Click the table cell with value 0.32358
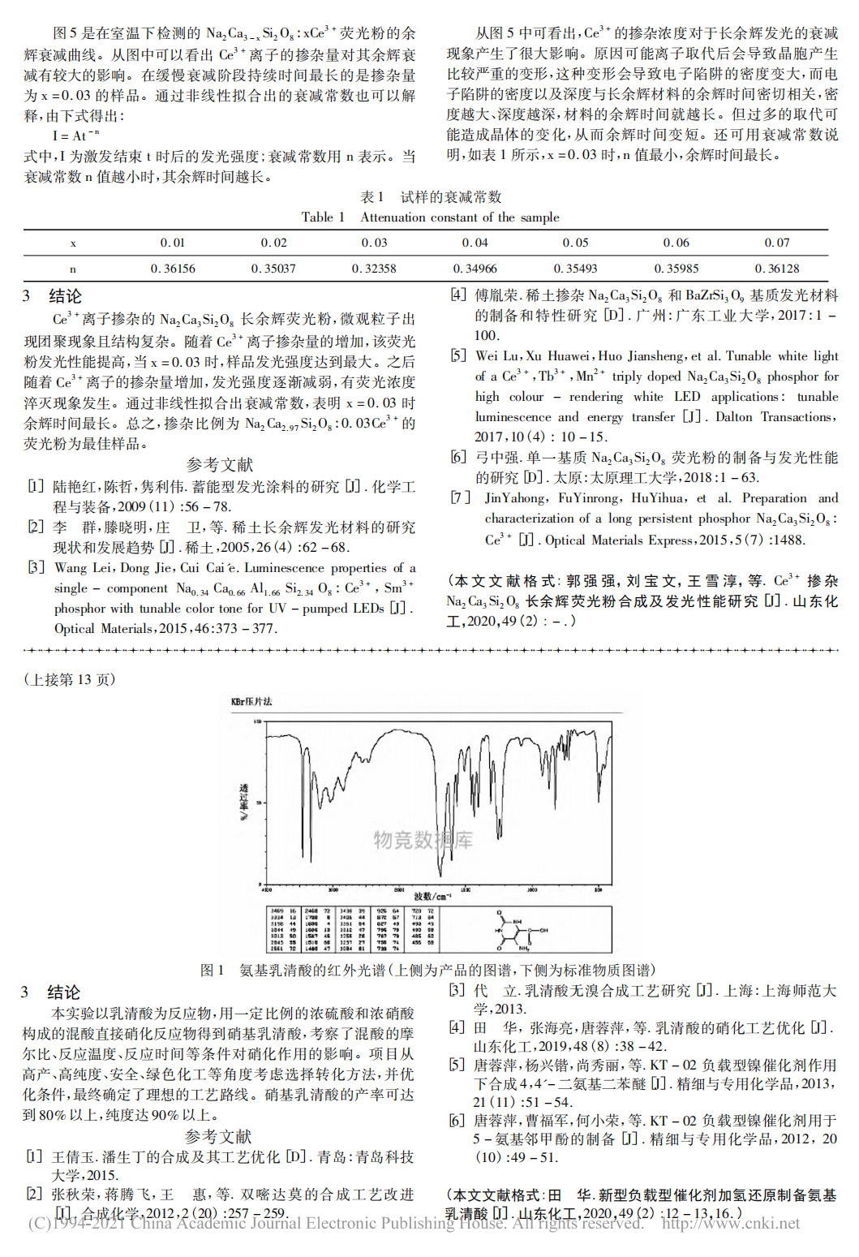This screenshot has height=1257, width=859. coord(374,269)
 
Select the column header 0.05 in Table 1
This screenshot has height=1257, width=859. coord(575,243)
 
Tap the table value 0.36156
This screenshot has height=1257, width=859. coord(173,269)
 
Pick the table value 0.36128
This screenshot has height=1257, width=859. coord(777,269)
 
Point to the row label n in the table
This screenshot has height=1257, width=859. coord(73,269)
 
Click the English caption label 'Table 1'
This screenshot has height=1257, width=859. coord(323,217)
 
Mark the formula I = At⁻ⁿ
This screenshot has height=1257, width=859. coord(75,136)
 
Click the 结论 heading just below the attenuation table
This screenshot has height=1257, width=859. coord(65,296)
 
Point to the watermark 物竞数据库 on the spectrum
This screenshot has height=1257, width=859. coord(423,840)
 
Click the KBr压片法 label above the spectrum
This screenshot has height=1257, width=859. coord(251,702)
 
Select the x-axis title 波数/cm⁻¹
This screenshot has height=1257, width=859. coord(432,897)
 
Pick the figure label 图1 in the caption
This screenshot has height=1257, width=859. coord(212,971)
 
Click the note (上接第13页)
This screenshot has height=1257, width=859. coord(70,680)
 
